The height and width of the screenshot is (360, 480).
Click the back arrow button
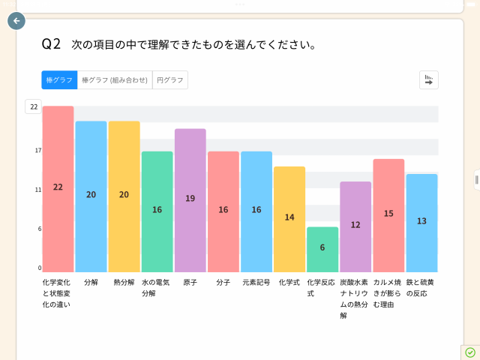16,21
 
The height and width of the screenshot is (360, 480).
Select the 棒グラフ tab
59,80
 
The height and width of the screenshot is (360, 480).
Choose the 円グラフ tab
170,80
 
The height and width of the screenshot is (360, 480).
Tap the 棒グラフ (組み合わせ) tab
115,80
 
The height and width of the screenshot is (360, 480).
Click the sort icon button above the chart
429,80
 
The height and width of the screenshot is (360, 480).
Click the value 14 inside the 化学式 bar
289,217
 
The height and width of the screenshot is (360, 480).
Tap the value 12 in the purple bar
355,225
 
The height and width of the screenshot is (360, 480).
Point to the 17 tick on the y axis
37,151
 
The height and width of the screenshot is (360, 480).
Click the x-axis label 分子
223,283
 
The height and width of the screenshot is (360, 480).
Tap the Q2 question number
51,44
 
